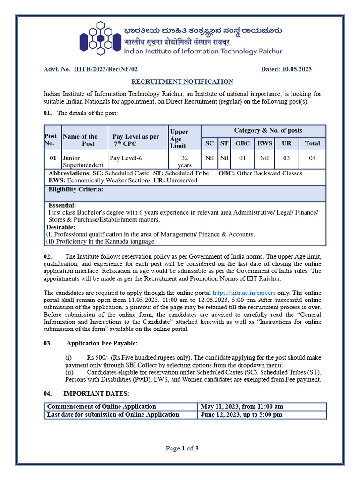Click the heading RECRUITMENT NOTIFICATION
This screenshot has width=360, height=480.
[x=182, y=82]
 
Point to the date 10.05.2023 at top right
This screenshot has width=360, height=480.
[x=297, y=69]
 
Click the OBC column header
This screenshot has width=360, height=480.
[x=242, y=143]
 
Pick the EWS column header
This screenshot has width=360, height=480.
[x=264, y=143]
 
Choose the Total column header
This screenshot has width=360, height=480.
[x=312, y=143]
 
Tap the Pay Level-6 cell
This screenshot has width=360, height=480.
[x=126, y=158]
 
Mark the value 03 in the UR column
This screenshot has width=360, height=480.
[x=286, y=158]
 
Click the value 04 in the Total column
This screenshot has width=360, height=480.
[x=312, y=158]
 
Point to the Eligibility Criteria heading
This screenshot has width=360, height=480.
[x=76, y=189]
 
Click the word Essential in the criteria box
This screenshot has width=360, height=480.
[x=62, y=205]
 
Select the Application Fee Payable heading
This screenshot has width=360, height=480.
[x=102, y=343]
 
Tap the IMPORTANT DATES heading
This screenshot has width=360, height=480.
[x=96, y=393]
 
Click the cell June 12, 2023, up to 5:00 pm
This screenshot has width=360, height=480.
[x=241, y=414]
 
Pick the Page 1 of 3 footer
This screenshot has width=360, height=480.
[x=182, y=449]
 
